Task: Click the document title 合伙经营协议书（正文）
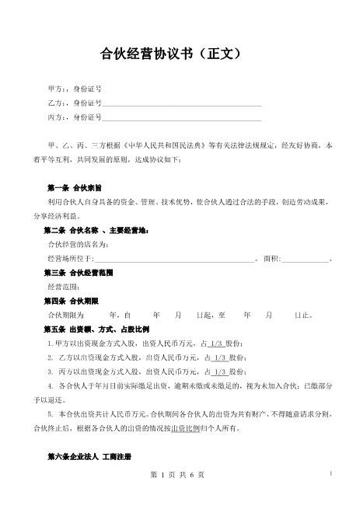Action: [x=180, y=54]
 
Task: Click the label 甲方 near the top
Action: [x=56, y=89]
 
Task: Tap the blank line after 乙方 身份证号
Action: [x=182, y=104]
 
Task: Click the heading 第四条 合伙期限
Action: [x=74, y=301]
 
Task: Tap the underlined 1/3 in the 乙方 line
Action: [x=219, y=357]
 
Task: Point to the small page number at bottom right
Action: [x=332, y=472]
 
